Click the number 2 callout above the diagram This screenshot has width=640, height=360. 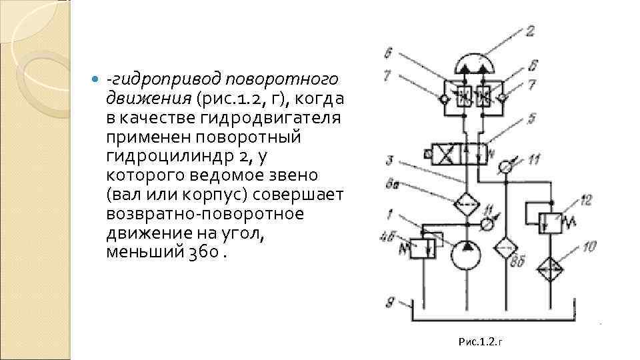tap(530, 31)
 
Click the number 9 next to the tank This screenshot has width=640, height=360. tap(390, 301)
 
